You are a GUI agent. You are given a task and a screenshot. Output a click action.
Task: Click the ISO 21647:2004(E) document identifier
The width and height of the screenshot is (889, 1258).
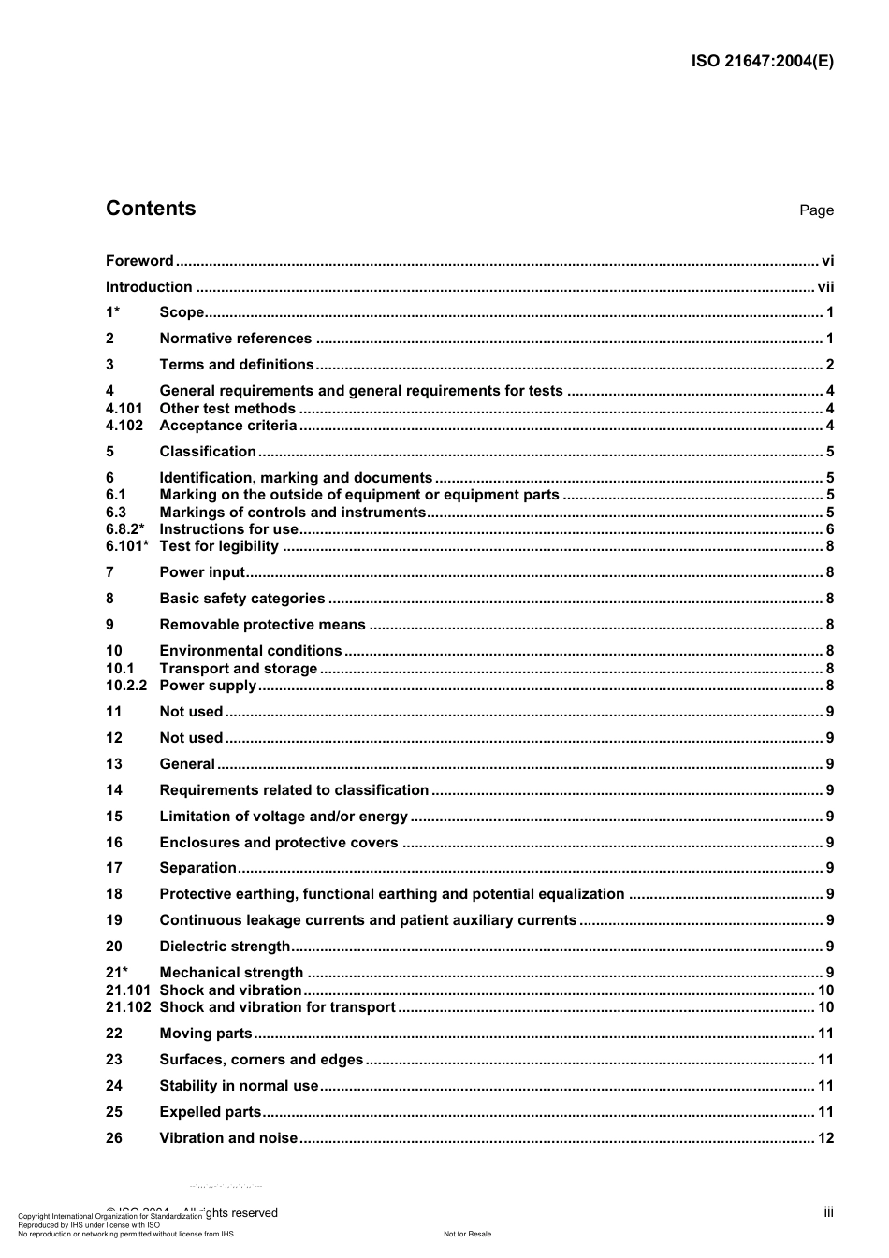762,62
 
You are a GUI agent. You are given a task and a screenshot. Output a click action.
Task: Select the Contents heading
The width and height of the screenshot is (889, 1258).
151,209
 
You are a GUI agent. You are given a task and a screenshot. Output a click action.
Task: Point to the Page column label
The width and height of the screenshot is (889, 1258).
816,210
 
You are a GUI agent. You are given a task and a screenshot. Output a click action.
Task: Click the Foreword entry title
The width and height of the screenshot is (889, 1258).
139,261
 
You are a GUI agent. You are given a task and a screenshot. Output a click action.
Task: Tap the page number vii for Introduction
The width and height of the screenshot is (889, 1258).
825,287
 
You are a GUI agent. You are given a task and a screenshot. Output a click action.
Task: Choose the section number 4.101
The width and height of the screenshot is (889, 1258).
124,409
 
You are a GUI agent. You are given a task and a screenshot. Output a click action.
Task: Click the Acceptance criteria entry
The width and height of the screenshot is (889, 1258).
228,426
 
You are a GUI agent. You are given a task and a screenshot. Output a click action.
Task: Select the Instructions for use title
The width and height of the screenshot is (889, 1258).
228,529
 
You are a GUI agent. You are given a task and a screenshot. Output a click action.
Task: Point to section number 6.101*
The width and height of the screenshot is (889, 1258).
127,546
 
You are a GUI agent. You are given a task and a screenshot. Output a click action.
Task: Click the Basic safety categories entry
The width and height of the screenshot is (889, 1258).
242,599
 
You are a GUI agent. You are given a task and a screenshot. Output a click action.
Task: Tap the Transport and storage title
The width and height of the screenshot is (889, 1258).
239,669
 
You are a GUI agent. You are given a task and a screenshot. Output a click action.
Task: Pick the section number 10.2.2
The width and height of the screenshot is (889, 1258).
126,686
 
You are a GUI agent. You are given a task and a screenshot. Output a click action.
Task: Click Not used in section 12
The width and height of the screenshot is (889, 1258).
191,738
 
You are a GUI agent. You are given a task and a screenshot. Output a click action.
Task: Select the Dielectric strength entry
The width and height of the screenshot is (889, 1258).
225,947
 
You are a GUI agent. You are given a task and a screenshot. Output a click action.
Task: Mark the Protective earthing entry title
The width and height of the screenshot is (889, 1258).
391,894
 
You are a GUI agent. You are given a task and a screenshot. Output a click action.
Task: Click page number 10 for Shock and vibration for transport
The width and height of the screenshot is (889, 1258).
825,1007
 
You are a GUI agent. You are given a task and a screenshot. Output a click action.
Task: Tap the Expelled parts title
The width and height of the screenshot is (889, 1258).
211,1112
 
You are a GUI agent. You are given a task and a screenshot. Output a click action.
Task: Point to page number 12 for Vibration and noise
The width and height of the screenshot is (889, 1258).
825,1138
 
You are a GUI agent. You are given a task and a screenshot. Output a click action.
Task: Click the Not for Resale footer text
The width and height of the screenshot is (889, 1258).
467,1234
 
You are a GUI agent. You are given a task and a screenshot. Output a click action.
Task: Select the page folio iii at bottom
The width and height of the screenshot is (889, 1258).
828,1212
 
